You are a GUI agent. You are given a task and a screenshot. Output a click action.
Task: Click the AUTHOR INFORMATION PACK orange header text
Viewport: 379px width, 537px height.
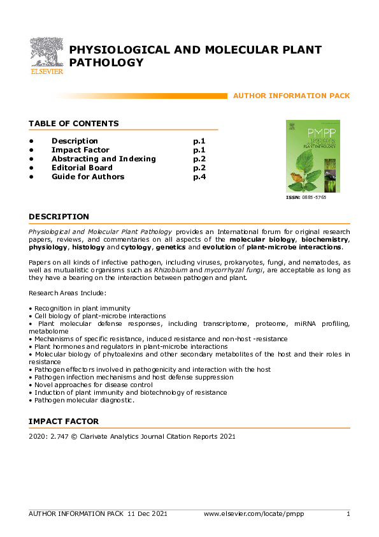click(x=291, y=96)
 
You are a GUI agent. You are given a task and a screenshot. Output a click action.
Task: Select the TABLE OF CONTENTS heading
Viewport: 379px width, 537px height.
click(x=73, y=124)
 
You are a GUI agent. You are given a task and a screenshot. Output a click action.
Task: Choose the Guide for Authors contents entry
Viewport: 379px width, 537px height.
click(x=88, y=177)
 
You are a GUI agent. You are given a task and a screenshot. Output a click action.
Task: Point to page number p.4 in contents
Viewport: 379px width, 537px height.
click(x=199, y=177)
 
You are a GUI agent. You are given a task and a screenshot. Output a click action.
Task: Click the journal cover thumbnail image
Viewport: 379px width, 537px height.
click(x=313, y=156)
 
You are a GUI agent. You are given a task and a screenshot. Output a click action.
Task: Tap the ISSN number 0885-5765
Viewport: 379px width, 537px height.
click(x=313, y=198)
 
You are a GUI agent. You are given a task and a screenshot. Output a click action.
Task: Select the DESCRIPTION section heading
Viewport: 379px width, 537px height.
click(x=59, y=217)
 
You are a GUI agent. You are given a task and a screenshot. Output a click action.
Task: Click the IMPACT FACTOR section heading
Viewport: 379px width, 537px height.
click(x=63, y=422)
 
